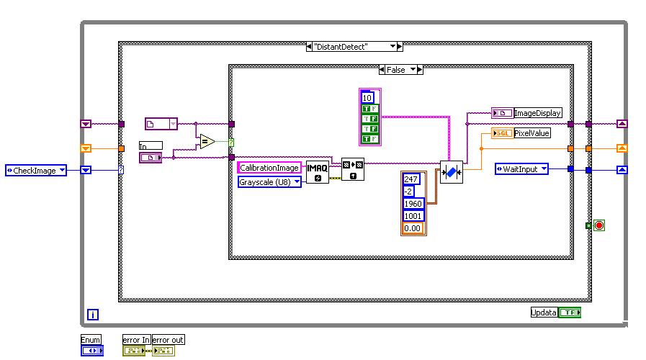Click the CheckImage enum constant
(x=35, y=171)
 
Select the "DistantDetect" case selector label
(x=350, y=46)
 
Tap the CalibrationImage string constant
(x=269, y=168)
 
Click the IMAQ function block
(x=318, y=171)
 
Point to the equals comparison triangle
(x=207, y=141)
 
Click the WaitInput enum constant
(x=521, y=169)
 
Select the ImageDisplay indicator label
(x=537, y=113)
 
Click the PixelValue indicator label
(x=532, y=133)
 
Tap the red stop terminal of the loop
(x=598, y=225)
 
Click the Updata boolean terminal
(x=544, y=312)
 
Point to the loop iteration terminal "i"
(x=92, y=314)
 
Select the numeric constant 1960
(x=413, y=203)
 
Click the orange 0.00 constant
(x=413, y=228)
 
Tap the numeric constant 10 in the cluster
(x=367, y=97)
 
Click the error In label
(x=136, y=340)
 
